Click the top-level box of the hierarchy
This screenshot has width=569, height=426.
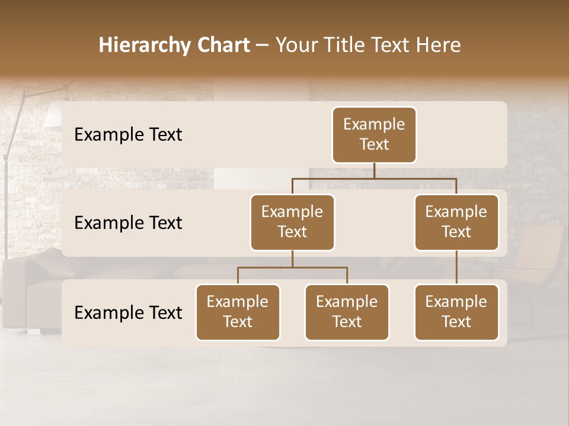(374, 135)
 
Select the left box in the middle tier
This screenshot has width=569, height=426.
(292, 222)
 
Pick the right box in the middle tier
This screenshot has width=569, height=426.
(456, 222)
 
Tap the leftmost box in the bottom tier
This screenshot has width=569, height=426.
(238, 312)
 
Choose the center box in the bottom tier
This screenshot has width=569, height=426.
(347, 312)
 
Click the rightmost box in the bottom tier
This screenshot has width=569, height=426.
(456, 312)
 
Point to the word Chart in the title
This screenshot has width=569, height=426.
(223, 46)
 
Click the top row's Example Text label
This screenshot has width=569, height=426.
(128, 135)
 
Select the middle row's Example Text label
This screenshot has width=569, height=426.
(128, 223)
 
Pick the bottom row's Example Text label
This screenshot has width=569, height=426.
(128, 313)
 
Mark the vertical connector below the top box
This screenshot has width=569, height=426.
(374, 170)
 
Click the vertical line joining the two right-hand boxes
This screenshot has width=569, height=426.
(456, 267)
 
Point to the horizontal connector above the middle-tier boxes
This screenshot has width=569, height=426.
(374, 178)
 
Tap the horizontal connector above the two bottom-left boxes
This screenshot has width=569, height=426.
(292, 267)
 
